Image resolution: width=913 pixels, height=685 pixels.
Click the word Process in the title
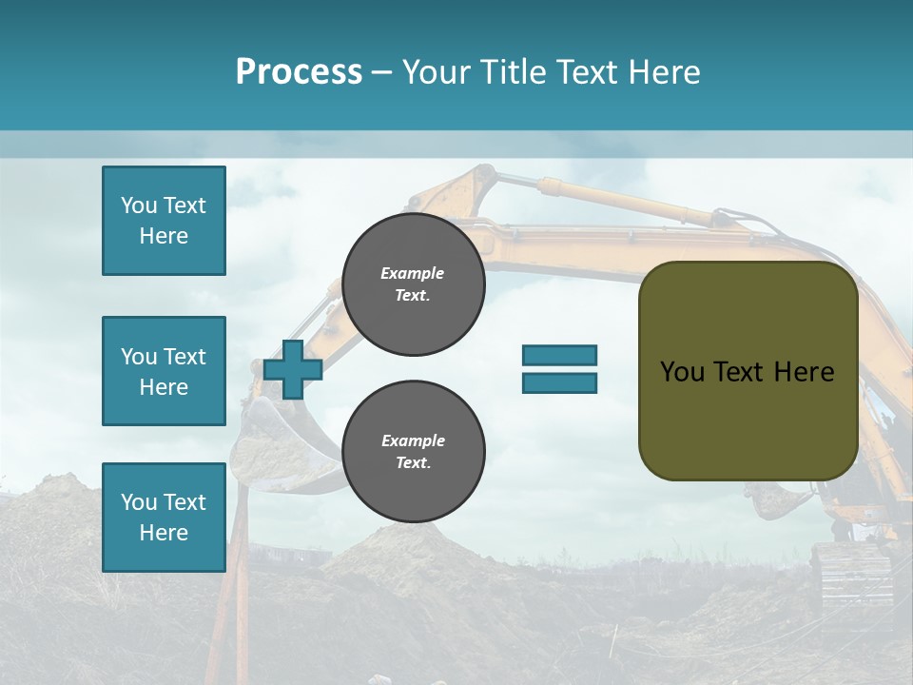[x=299, y=72]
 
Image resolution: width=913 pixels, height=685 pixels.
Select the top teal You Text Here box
[x=164, y=221]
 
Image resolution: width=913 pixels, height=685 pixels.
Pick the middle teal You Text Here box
[x=164, y=371]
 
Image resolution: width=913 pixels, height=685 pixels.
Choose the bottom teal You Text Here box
[x=164, y=517]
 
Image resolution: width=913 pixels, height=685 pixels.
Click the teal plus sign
[x=293, y=369]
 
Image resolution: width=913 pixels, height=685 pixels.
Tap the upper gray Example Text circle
[x=413, y=284]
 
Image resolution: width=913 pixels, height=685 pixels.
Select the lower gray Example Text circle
[x=413, y=452]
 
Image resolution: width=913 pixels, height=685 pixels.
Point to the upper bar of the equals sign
[x=559, y=355]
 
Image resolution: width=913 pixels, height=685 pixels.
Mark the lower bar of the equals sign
[x=559, y=382]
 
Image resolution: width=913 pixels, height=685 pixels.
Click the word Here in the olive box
[x=804, y=372]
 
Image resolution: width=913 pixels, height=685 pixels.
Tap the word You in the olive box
[x=681, y=372]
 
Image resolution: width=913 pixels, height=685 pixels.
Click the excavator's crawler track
[x=851, y=576]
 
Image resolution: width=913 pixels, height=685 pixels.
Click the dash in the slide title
[x=381, y=72]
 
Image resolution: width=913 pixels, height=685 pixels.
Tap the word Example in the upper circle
[x=413, y=273]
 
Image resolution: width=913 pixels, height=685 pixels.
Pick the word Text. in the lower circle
[x=413, y=463]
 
